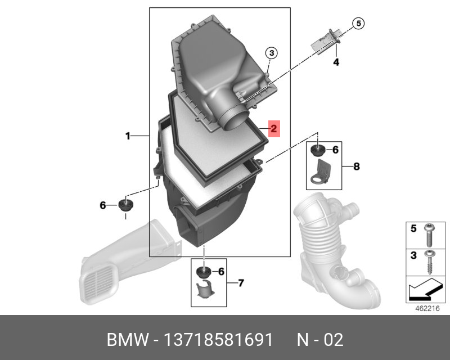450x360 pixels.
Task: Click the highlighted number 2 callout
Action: pyautogui.click(x=274, y=129)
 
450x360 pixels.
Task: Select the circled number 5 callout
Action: pyautogui.click(x=358, y=24)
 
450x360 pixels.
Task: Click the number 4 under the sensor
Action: pyautogui.click(x=336, y=62)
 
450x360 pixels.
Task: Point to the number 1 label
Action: pyautogui.click(x=128, y=136)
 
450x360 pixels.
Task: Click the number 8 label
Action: pyautogui.click(x=356, y=166)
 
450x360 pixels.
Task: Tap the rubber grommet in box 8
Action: pyautogui.click(x=318, y=151)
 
